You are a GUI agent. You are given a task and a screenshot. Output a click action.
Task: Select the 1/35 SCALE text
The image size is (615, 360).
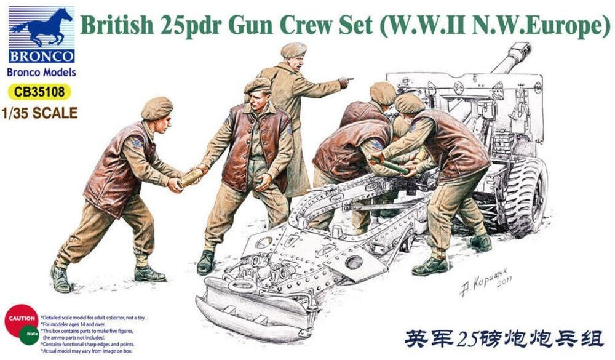coord(39,113)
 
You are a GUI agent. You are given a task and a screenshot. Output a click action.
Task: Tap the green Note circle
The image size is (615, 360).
coord(30,335)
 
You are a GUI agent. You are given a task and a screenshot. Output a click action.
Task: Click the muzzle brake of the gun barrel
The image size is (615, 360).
coord(520,49)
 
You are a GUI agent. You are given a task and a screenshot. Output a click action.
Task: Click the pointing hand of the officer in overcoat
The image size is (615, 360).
coord(346,81)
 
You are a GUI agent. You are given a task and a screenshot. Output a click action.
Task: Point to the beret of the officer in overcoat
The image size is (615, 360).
coord(294,49)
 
